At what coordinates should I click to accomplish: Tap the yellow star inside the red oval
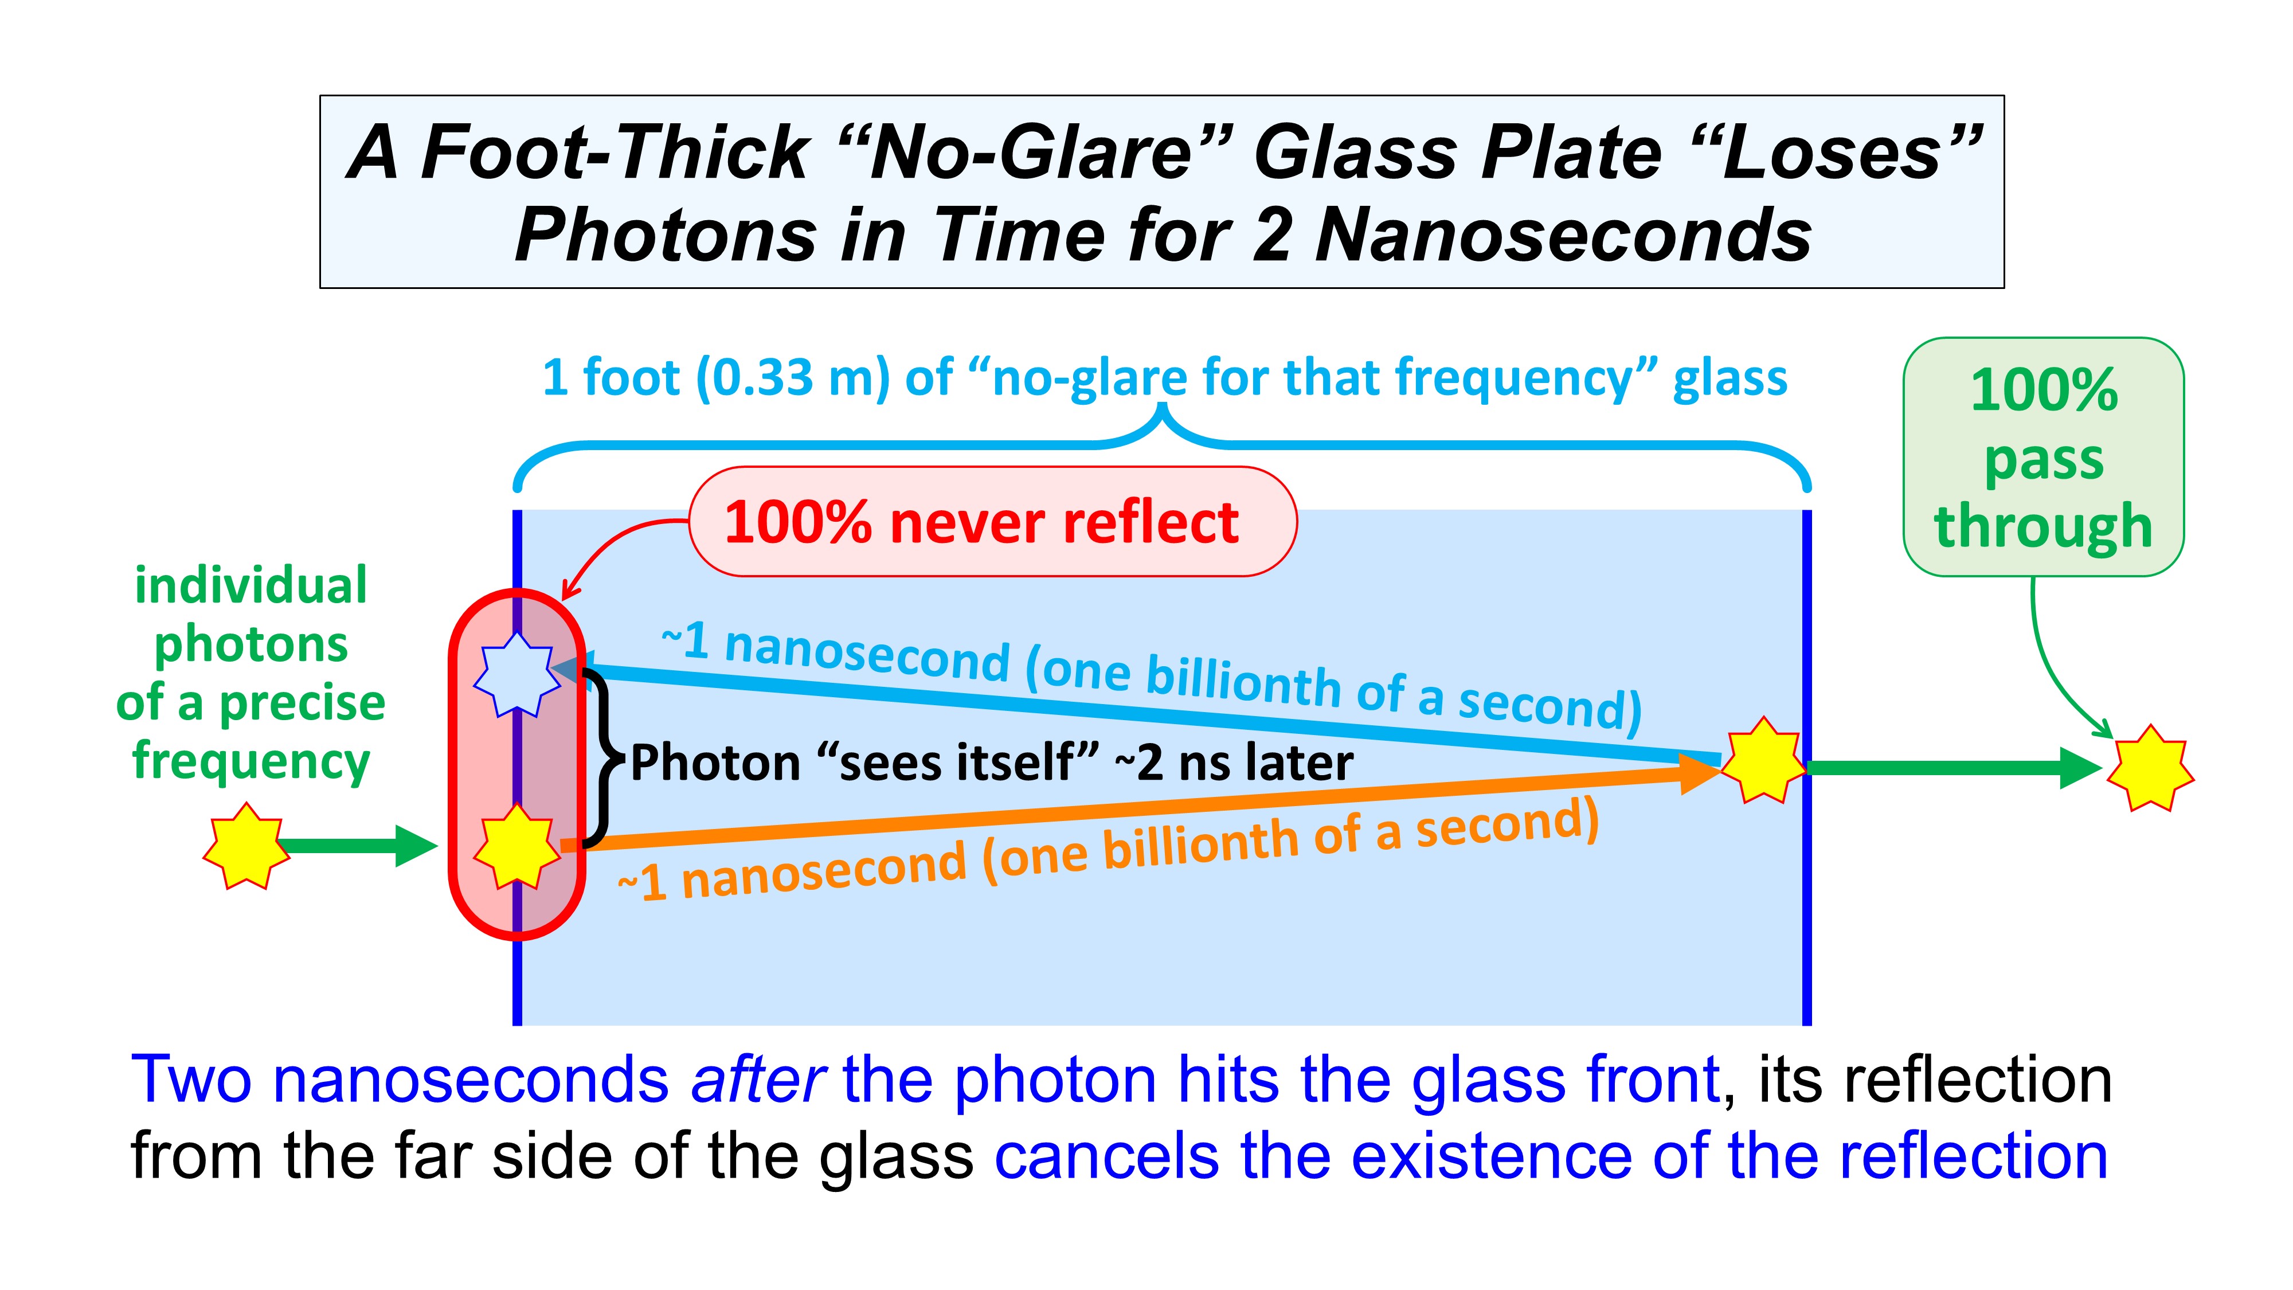pos(517,846)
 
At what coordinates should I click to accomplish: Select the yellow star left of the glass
pos(246,846)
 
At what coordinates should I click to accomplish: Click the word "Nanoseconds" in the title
pos(1563,235)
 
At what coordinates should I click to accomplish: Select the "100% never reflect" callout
pos(992,522)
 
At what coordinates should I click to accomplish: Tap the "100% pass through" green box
pos(2044,457)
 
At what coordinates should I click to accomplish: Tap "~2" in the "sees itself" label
pos(1137,763)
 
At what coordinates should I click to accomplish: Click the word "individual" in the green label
pos(251,586)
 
